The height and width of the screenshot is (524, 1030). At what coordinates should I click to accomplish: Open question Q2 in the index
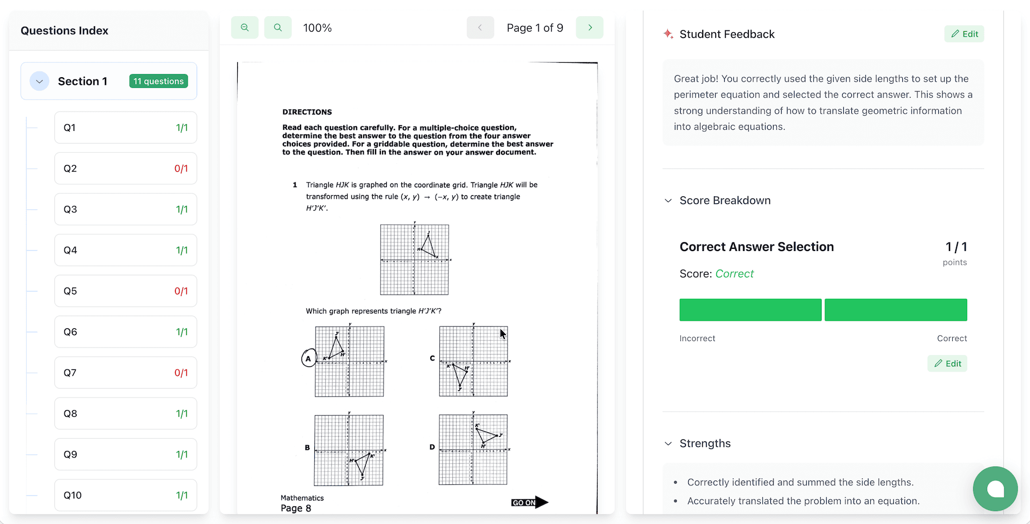(125, 168)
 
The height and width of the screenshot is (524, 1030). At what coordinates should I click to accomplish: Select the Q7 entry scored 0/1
(125, 373)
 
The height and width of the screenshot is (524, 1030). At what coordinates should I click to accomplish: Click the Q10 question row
(125, 495)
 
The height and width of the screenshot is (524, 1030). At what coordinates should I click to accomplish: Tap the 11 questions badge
(159, 81)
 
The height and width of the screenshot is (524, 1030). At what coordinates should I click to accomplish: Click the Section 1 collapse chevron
(39, 81)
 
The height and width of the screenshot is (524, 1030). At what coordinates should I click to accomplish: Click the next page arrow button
(590, 27)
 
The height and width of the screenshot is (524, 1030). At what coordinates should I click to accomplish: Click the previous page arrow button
(480, 27)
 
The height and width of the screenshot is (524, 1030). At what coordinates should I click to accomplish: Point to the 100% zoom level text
(317, 28)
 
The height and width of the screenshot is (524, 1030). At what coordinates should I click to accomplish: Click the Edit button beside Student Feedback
(964, 34)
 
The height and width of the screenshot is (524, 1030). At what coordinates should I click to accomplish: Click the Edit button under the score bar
(947, 364)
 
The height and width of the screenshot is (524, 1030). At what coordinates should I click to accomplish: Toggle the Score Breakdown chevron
(668, 201)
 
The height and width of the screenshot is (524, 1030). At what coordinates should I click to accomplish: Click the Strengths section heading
(705, 444)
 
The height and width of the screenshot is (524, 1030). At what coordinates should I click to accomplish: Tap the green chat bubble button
(995, 489)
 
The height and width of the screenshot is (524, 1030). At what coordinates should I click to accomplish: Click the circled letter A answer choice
(308, 358)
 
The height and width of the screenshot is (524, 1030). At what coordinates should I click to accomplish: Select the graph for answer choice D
(473, 449)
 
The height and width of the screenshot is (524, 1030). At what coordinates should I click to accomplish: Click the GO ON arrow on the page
(529, 503)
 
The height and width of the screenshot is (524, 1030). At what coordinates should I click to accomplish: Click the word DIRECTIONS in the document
(307, 112)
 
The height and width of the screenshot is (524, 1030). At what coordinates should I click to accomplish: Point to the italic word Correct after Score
(734, 274)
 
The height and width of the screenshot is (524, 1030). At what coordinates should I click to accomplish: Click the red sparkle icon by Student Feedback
(668, 34)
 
